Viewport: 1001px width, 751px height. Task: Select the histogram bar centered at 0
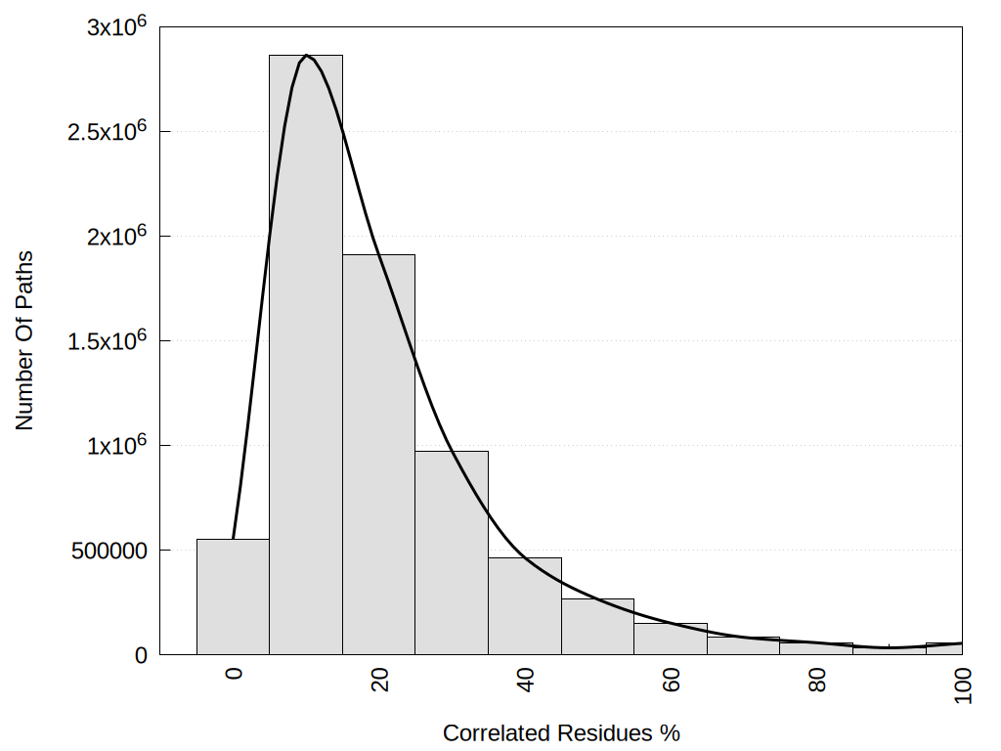pyautogui.click(x=233, y=596)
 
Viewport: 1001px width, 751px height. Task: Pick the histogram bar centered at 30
pyautogui.click(x=452, y=552)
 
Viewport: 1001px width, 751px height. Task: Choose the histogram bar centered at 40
pyautogui.click(x=525, y=606)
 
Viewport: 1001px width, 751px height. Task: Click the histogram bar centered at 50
pyautogui.click(x=597, y=627)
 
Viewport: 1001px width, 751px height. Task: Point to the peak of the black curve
pyautogui.click(x=307, y=56)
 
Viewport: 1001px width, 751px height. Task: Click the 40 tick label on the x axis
pyautogui.click(x=525, y=681)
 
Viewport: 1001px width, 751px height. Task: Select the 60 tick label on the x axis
pyautogui.click(x=671, y=681)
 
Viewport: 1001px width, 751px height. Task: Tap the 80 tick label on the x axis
pyautogui.click(x=817, y=681)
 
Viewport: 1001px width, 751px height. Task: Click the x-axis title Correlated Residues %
pyautogui.click(x=561, y=732)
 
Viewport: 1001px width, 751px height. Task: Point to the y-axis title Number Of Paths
pyautogui.click(x=24, y=340)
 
